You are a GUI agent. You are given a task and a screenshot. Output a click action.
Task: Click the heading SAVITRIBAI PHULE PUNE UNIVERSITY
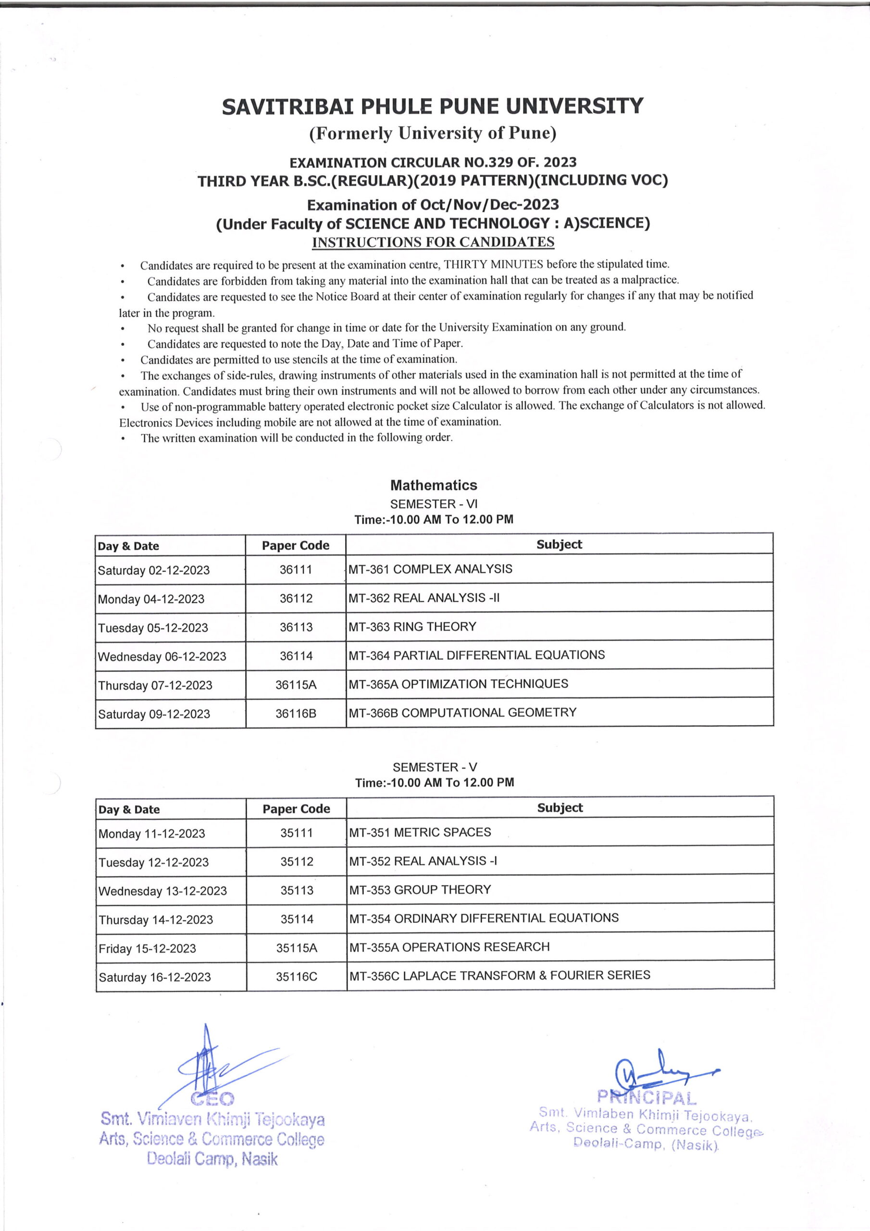tap(432, 106)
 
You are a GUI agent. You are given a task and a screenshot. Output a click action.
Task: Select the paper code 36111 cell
tap(295, 569)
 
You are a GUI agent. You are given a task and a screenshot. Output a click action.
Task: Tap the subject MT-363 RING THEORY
tap(412, 626)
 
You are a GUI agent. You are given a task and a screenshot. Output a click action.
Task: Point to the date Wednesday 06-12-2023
tap(162, 656)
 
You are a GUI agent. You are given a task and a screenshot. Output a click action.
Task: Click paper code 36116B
tap(296, 713)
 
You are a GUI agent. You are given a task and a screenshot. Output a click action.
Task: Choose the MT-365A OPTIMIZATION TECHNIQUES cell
tap(459, 684)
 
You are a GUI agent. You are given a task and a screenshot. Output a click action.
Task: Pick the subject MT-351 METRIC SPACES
tap(420, 832)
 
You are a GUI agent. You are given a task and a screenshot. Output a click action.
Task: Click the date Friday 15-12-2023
tap(148, 948)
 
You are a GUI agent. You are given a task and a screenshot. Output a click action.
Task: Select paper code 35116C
tap(297, 977)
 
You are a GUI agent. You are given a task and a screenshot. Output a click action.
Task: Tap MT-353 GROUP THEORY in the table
tap(420, 890)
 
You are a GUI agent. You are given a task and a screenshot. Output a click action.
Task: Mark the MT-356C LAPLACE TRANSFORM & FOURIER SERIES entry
tap(499, 975)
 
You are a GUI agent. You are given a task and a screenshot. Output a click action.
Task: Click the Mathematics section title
tap(433, 485)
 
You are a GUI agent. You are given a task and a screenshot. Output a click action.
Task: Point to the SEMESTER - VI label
tap(433, 504)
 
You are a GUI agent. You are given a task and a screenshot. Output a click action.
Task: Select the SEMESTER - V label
tap(434, 767)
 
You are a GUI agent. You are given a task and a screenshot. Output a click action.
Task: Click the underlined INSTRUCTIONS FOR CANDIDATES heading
tap(433, 242)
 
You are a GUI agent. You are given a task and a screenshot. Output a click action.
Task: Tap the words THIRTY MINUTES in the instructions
tap(494, 264)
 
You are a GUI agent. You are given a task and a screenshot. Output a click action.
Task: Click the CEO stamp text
tap(212, 1099)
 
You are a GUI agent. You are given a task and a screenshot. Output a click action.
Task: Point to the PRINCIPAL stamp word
tap(646, 1097)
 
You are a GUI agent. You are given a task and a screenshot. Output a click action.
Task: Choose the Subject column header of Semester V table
tap(559, 807)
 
